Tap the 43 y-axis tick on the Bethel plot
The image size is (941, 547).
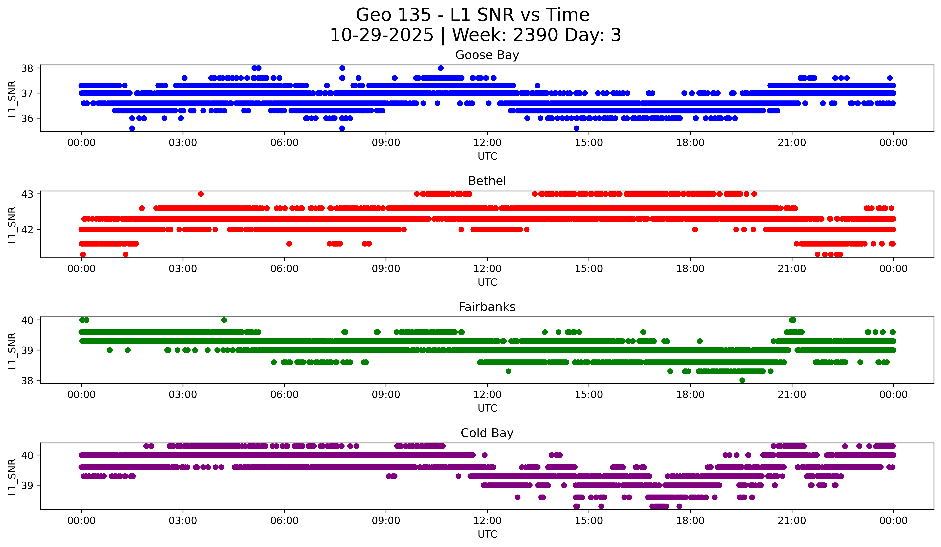click(27, 194)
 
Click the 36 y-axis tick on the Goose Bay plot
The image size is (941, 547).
click(27, 118)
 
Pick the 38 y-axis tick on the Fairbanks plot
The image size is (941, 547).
click(27, 381)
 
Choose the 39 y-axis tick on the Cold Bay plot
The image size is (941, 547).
click(27, 485)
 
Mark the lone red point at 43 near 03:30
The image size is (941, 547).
click(201, 194)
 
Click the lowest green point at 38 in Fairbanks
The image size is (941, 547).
click(742, 380)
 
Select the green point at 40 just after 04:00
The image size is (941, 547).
click(224, 320)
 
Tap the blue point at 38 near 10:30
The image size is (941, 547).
click(441, 68)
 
